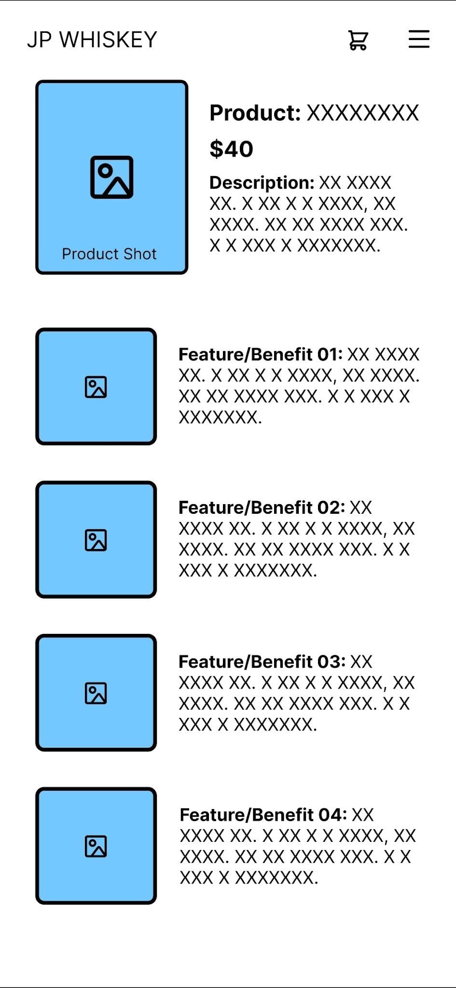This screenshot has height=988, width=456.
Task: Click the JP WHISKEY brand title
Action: point(92,40)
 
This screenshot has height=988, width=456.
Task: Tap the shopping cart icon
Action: point(358,40)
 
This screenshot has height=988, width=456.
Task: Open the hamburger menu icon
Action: point(419,39)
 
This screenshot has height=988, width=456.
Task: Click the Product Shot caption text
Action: point(109,254)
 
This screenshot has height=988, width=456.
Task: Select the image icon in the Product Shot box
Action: point(111,177)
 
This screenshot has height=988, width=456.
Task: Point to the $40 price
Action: point(231,149)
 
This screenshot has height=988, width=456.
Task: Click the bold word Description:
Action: point(262,183)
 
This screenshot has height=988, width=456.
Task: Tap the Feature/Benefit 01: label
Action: point(261,355)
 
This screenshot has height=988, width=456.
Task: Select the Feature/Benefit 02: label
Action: point(262,508)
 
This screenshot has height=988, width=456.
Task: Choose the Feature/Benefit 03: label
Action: point(262,662)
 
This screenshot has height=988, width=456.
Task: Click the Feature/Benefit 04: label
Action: point(263,815)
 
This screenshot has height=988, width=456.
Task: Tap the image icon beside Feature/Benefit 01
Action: point(96,387)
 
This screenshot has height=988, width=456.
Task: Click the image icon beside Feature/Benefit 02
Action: point(96,540)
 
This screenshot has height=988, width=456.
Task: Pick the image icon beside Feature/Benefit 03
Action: point(96,693)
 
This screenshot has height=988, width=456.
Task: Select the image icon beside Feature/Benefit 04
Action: point(96,846)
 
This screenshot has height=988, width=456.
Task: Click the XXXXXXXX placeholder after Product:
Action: point(363,113)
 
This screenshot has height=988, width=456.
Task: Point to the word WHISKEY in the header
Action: point(109,40)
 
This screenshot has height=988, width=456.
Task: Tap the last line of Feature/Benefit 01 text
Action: point(220,417)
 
